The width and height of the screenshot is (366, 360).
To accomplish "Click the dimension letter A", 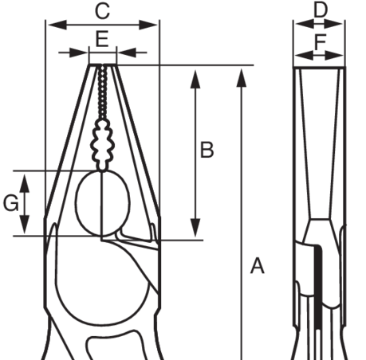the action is click(x=258, y=265).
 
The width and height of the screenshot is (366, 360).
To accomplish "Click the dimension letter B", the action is click(x=207, y=150).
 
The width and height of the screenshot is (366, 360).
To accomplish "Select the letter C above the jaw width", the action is click(x=102, y=11).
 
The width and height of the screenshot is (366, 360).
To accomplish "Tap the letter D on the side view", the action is click(x=321, y=10).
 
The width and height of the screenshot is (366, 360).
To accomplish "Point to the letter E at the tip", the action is click(x=102, y=39).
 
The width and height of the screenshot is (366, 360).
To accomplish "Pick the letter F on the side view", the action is click(x=320, y=41).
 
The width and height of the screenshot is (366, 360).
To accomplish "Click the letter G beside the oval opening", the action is click(x=11, y=203).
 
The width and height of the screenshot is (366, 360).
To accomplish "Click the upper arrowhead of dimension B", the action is click(x=195, y=79).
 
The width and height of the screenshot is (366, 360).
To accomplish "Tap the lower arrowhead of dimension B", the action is click(x=195, y=228).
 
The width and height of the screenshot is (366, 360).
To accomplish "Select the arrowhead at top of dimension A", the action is click(x=242, y=77).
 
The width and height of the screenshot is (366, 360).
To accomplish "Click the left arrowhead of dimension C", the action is click(x=57, y=25).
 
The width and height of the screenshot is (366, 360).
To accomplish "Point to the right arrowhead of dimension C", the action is click(x=148, y=25).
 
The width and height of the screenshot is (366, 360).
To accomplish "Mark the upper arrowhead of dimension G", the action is click(x=25, y=183).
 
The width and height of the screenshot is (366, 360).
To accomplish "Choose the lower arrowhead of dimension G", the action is click(x=25, y=225).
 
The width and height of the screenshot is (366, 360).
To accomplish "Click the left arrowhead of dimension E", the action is click(x=78, y=53).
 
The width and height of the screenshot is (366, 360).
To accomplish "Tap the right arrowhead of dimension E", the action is click(x=127, y=53).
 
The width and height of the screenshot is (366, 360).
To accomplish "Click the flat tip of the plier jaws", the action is click(x=103, y=65).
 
